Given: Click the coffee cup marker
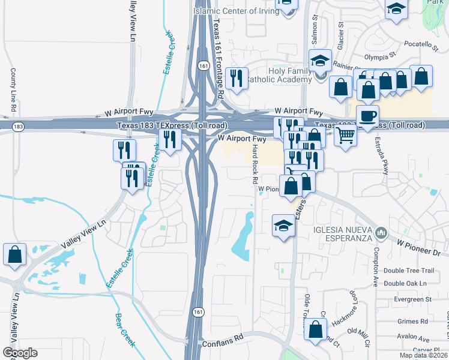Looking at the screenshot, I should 367,116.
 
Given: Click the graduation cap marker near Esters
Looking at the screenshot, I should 283,226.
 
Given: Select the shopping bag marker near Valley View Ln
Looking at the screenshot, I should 14,254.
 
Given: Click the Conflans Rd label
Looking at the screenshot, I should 223,338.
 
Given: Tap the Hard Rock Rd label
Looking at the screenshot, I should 255,164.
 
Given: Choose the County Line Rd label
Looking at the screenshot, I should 13,91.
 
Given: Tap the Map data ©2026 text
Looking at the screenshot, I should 423,355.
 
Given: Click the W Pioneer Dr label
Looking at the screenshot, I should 418,246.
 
